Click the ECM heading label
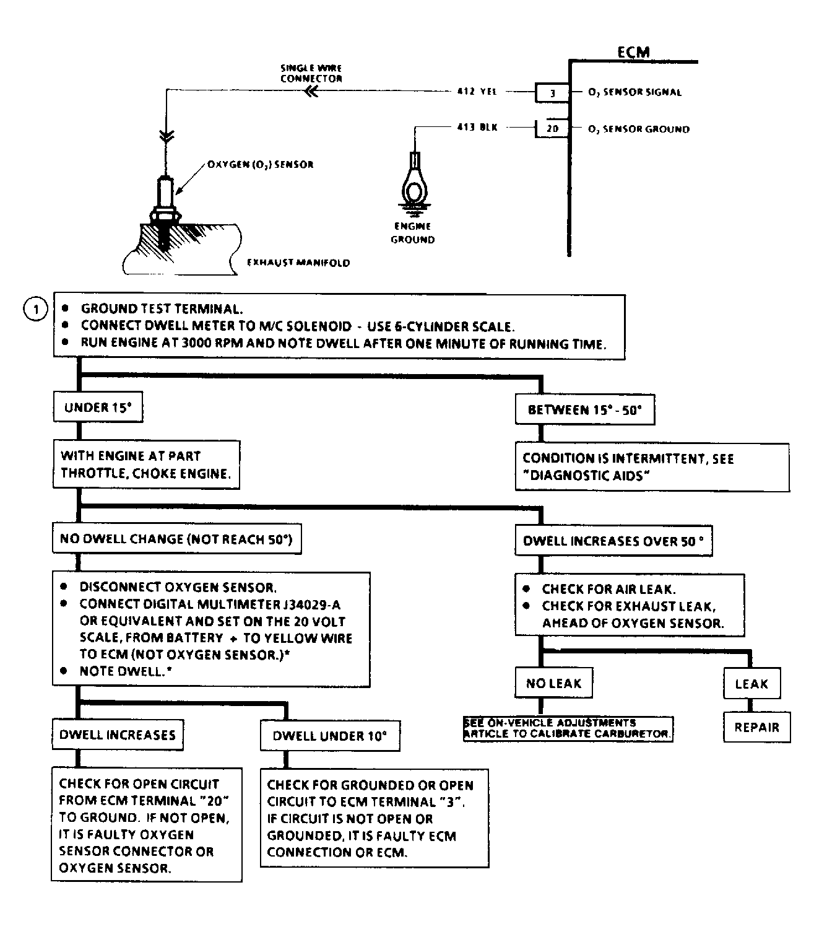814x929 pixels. tap(633, 52)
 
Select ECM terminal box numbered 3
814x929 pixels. tap(552, 93)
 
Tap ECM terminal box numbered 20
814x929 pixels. tap(552, 129)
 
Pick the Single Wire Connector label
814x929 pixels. tap(311, 74)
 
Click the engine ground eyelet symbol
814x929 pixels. tap(413, 183)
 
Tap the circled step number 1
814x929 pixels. tap(35, 309)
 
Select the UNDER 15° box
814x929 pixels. tap(98, 408)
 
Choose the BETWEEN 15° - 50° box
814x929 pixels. tap(584, 409)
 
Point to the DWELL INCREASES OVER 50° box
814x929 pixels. tap(613, 541)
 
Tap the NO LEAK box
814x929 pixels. tap(553, 683)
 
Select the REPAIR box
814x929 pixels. tap(756, 727)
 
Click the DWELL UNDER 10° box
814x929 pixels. tap(329, 736)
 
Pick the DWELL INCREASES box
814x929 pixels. tap(118, 735)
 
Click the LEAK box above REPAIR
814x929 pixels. tap(751, 684)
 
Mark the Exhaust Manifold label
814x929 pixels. tap(298, 263)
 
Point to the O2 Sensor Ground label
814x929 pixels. tap(638, 129)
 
